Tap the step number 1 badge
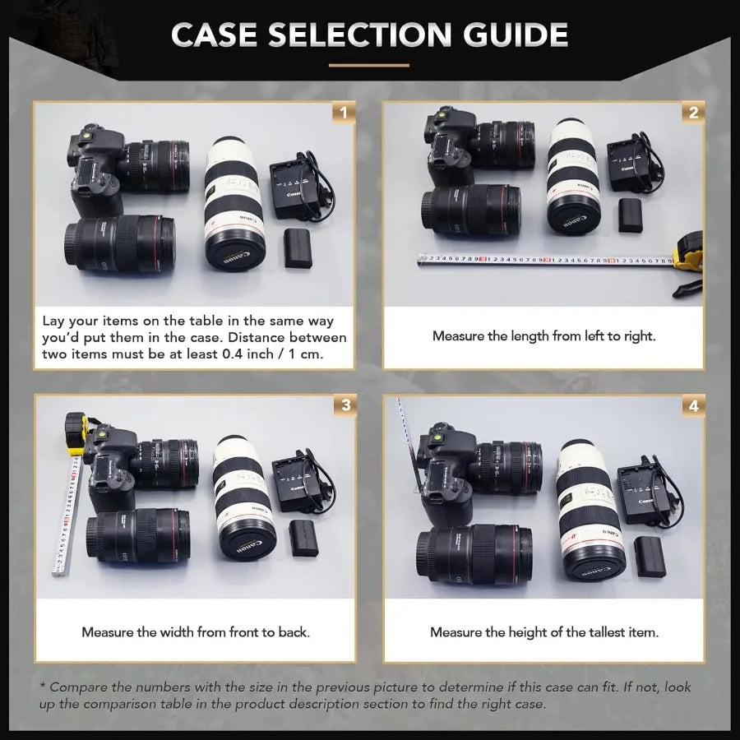(344, 113)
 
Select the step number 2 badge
(693, 113)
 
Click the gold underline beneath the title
(369, 65)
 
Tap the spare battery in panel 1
(298, 248)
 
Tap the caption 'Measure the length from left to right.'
(543, 336)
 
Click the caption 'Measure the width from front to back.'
(195, 632)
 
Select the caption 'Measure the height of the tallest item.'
(543, 632)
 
